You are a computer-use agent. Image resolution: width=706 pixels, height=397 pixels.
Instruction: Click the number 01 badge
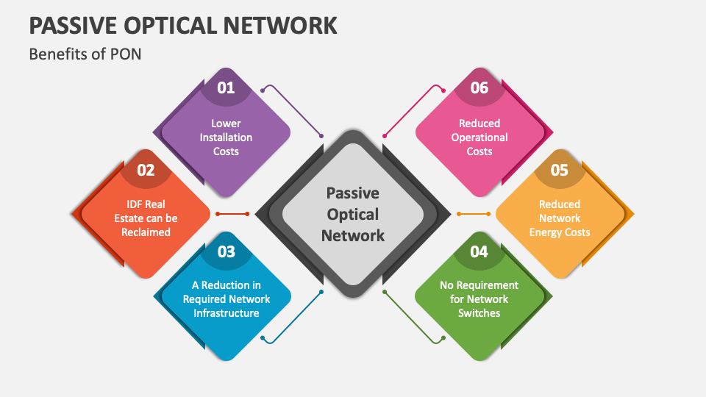point(226,88)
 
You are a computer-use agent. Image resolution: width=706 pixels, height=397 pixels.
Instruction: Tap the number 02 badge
point(146,170)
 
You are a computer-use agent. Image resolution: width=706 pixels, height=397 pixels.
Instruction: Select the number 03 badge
point(226,251)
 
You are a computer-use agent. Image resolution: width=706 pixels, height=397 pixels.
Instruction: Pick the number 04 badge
point(479,251)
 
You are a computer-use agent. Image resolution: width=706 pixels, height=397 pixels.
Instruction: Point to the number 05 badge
point(560,170)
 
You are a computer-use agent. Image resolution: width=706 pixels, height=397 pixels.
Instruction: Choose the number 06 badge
point(479,88)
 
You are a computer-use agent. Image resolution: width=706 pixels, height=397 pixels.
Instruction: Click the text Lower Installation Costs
point(226,137)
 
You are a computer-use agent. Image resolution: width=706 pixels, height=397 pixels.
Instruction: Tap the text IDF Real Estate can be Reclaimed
point(146,218)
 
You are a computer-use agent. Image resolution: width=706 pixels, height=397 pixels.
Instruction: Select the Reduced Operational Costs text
point(479,137)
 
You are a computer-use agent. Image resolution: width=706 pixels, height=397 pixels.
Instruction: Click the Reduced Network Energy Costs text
point(560,218)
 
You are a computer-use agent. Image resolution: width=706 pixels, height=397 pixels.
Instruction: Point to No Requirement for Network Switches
point(479,299)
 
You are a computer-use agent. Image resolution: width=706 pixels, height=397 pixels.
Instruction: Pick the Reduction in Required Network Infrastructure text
point(226,299)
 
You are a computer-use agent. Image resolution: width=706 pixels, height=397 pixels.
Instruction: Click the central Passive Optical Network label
point(353,214)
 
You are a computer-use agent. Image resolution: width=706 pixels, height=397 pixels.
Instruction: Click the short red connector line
point(235,214)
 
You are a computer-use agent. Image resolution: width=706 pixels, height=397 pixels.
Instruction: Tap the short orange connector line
point(471,214)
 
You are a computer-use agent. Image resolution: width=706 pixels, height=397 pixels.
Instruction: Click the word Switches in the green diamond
point(479,313)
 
